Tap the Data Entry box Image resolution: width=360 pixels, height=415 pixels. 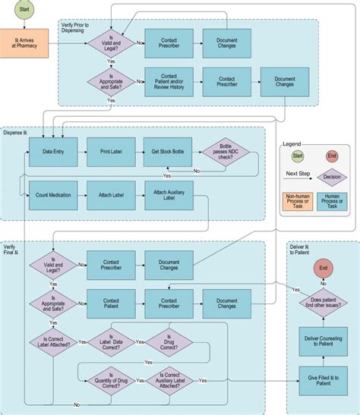click(52, 152)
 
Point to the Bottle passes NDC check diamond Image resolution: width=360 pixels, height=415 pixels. click(226, 152)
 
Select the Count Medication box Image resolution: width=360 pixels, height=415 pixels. click(52, 195)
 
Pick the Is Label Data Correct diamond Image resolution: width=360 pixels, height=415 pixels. click(111, 342)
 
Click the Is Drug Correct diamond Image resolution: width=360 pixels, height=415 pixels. click(169, 342)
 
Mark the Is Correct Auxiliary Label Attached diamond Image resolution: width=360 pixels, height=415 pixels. click(169, 379)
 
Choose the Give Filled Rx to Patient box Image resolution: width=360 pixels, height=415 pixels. click(324, 382)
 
